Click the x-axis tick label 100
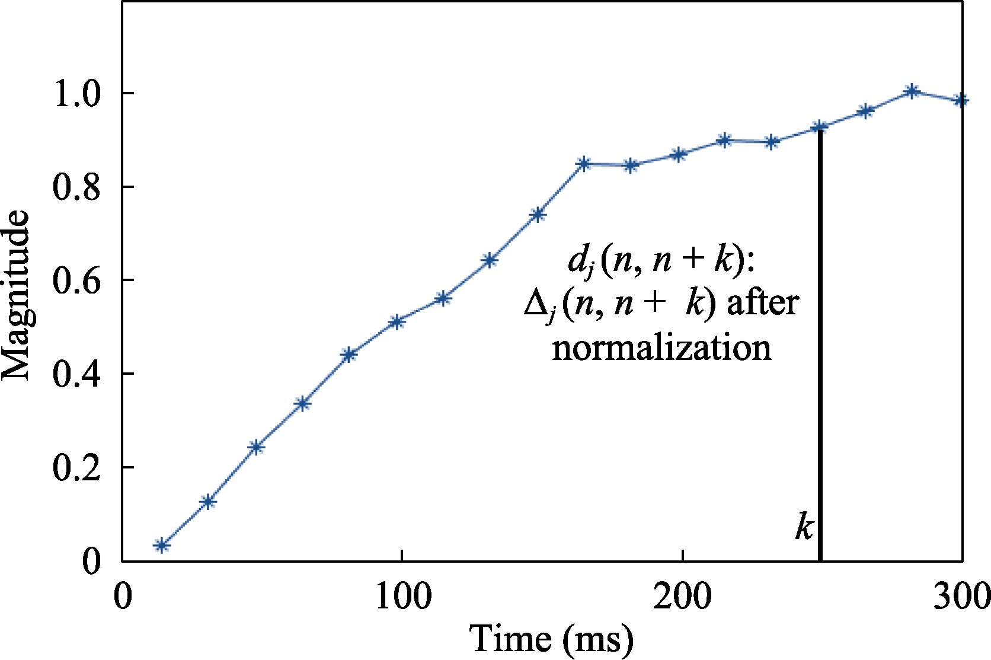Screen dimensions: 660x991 (403, 597)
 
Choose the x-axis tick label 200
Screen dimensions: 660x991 (683, 597)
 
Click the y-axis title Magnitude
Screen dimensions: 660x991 (16, 295)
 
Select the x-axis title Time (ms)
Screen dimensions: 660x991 (551, 639)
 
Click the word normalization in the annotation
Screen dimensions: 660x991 (661, 348)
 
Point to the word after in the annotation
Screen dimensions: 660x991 (763, 302)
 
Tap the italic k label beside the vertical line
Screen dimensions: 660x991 (804, 525)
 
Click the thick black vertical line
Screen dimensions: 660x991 (820, 356)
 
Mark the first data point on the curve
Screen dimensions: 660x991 (161, 545)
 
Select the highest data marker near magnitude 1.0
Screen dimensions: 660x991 (913, 91)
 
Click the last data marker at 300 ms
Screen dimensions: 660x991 (961, 100)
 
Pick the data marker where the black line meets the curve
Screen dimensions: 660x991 (820, 127)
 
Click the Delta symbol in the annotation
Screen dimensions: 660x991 (538, 304)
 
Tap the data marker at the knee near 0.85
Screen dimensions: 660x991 (584, 164)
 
